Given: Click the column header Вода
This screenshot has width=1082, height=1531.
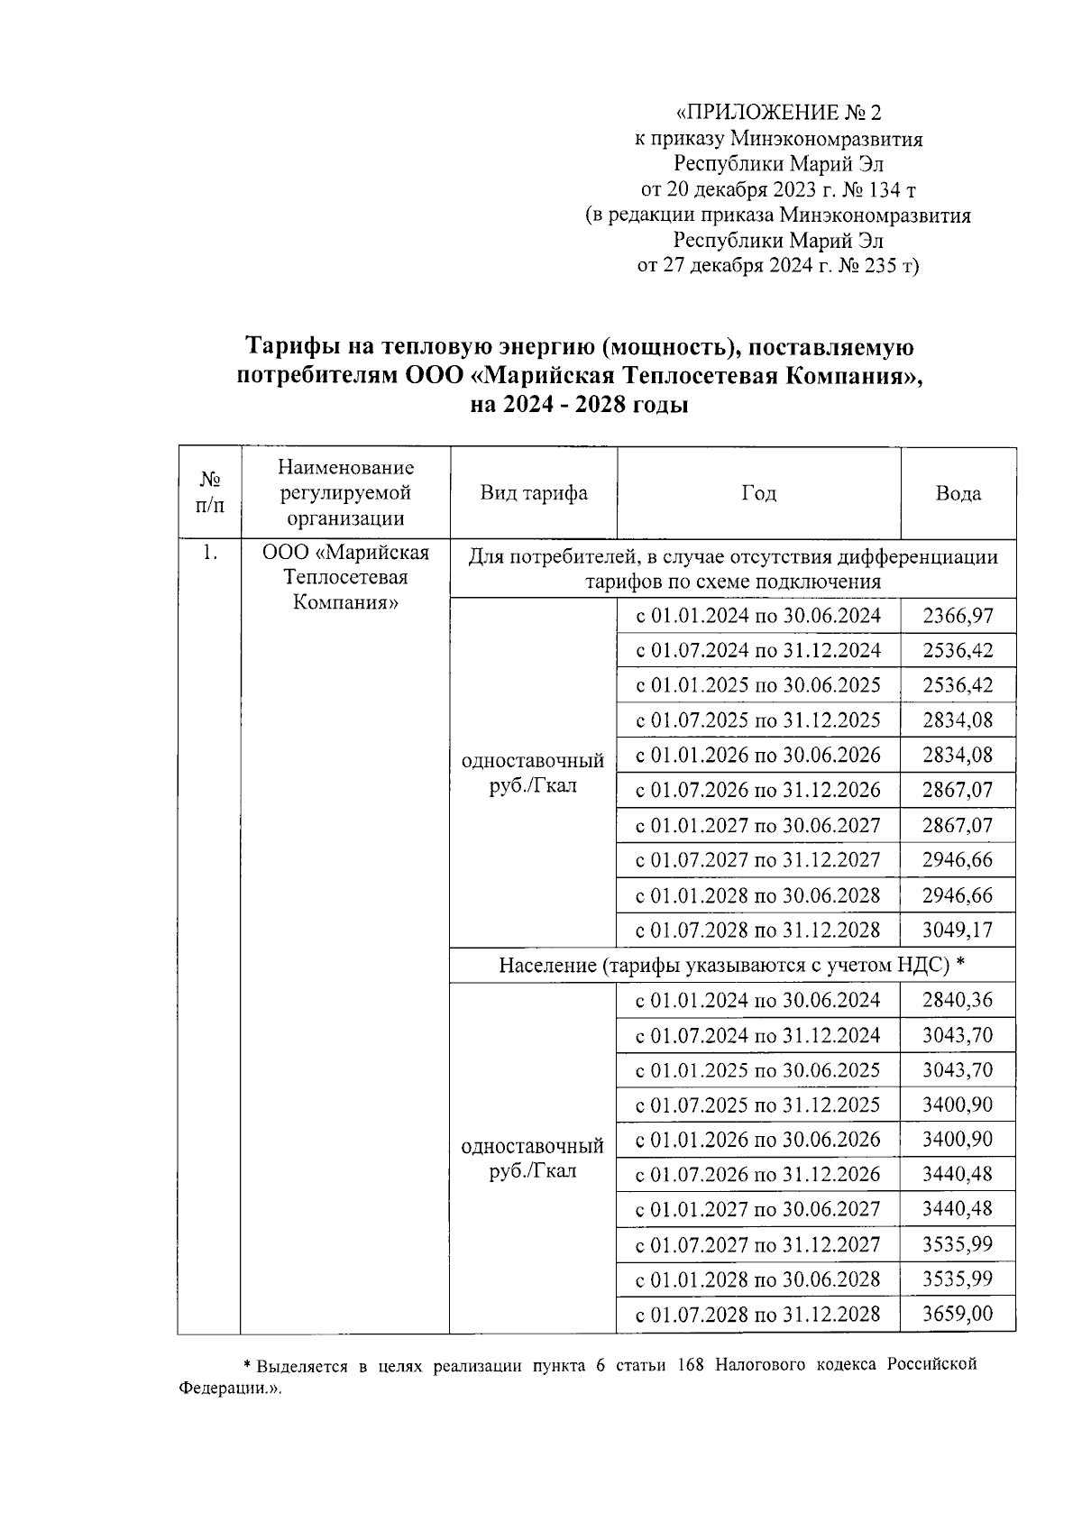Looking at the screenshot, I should [958, 493].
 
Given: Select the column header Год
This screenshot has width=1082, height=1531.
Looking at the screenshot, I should [758, 493].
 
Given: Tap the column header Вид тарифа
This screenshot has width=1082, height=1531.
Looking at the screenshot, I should [533, 493].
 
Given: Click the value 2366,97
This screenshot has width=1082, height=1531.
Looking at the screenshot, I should [958, 616].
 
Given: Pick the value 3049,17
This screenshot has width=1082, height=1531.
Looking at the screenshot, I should [958, 930].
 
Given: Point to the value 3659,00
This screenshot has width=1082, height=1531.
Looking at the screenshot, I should [958, 1314].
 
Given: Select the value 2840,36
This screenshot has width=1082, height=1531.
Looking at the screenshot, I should [958, 1000].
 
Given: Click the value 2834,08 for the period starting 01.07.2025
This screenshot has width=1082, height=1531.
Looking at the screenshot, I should [958, 720].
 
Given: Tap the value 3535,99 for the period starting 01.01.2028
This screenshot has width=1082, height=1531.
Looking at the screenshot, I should [958, 1279].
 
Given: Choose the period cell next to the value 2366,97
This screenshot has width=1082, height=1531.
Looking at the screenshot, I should [758, 616].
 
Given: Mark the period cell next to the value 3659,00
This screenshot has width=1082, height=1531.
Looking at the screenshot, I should [758, 1314].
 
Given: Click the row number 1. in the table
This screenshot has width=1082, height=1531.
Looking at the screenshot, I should [209, 554].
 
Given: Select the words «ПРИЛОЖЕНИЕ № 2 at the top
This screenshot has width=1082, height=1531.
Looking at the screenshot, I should [778, 113].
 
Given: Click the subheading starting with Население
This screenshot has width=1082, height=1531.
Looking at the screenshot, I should [732, 966].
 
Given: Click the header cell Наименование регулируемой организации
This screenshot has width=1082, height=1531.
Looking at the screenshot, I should [345, 493].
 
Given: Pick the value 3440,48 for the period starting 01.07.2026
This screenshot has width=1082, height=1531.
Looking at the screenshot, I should [958, 1174].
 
